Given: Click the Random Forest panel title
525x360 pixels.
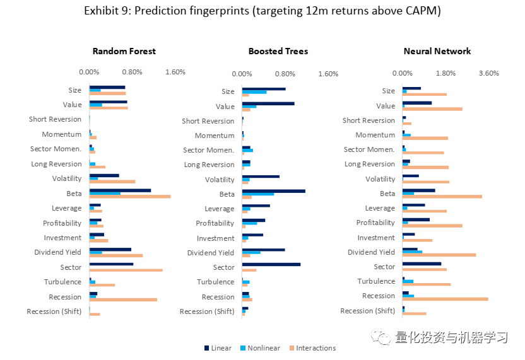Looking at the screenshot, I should tap(124, 51).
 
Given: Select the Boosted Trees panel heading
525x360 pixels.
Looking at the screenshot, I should tap(278, 51).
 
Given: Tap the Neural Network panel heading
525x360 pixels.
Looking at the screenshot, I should tap(437, 51).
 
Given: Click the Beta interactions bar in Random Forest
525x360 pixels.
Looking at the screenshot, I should tap(130, 197).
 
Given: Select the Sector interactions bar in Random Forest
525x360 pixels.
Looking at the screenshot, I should tap(126, 270).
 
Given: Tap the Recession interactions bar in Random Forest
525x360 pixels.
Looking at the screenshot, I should tap(123, 299).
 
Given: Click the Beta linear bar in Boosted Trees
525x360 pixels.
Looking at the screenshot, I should tap(274, 190).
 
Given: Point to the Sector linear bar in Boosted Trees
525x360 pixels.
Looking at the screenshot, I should tap(271, 264).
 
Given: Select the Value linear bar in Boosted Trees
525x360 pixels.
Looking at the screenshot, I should tap(268, 103).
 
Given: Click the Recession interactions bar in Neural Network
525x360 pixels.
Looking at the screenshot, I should tap(445, 299).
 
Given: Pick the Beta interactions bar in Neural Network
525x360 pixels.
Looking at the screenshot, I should tap(442, 197).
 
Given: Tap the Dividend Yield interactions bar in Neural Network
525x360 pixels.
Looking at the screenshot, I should tap(439, 255).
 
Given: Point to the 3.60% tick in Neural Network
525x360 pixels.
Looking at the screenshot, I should tap(489, 73).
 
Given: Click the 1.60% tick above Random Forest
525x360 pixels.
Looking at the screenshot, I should tap(175, 72).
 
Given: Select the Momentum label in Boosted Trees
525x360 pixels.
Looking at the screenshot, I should tap(215, 136).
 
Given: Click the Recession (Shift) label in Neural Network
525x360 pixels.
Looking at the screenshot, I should tap(367, 311).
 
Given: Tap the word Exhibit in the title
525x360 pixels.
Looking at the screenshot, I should tap(102, 11).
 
